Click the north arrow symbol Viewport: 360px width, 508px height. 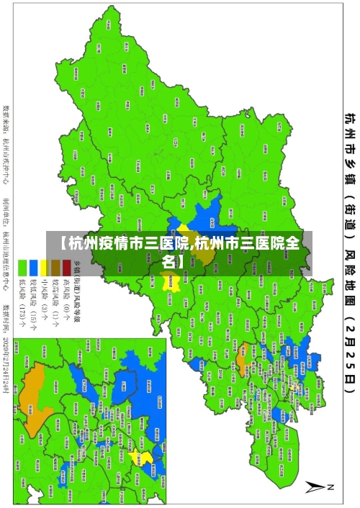click(318, 487)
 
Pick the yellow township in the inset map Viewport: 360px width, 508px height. click(146, 458)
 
